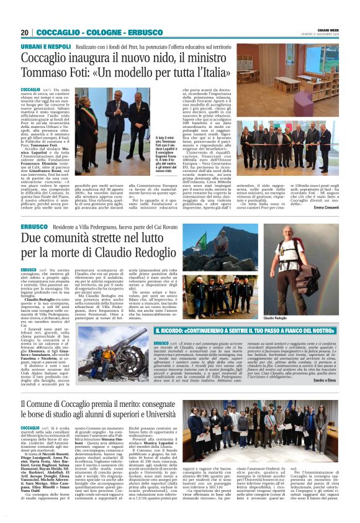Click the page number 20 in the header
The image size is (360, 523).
click(x=24, y=32)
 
